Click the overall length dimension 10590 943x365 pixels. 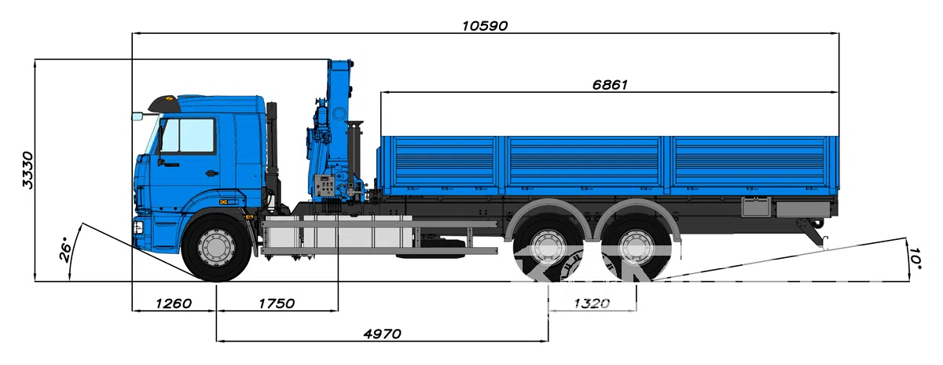click(485, 26)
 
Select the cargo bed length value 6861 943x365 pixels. click(610, 85)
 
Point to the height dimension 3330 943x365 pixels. click(28, 170)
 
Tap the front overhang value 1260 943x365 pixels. click(174, 304)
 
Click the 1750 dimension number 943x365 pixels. click(277, 304)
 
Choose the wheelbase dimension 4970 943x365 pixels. click(382, 334)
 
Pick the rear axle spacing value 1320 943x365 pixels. click(592, 304)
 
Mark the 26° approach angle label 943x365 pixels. click(66, 252)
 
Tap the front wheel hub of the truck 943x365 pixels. click(216, 248)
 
